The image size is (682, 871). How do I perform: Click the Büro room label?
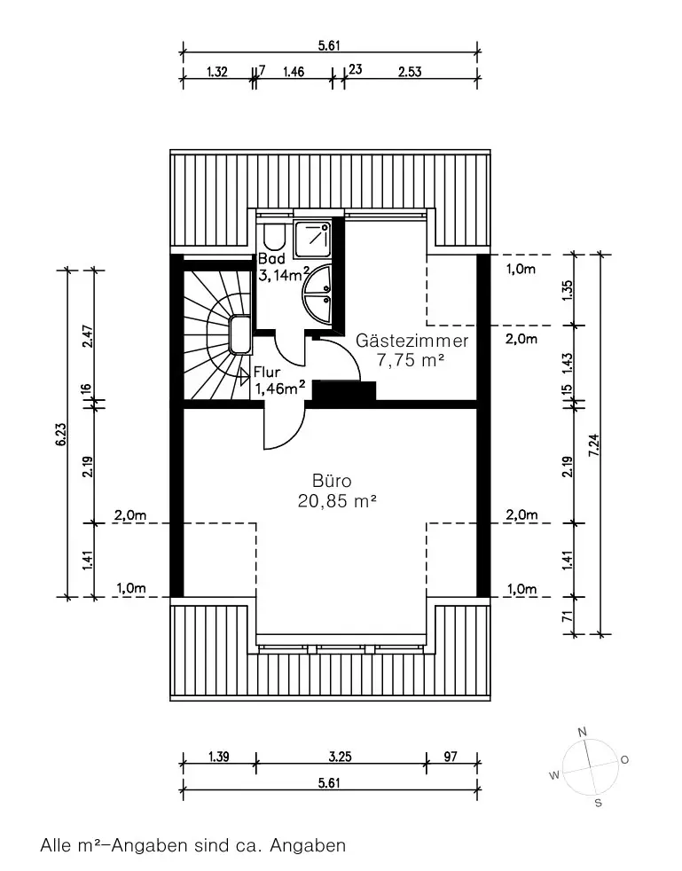(332, 481)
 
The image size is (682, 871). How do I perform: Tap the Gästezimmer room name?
(412, 340)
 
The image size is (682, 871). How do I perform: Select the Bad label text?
(271, 258)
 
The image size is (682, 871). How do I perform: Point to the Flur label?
(267, 373)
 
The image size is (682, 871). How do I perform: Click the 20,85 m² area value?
(338, 501)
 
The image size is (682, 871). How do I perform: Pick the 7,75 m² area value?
(411, 360)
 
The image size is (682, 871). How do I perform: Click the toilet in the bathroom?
(274, 237)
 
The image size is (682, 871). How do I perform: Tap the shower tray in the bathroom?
(313, 239)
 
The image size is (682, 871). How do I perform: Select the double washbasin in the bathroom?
(317, 294)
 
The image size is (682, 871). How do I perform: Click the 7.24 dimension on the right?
(593, 444)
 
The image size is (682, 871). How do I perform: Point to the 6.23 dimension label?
(61, 434)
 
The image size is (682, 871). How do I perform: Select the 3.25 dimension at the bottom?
(340, 757)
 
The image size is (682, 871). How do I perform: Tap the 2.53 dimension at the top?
(410, 72)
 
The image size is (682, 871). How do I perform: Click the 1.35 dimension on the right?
(567, 291)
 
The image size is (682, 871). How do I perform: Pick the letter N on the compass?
(582, 732)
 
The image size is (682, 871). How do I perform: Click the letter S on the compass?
(598, 803)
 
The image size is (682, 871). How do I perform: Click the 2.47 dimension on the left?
(87, 335)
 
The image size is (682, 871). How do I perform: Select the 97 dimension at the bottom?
(451, 757)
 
